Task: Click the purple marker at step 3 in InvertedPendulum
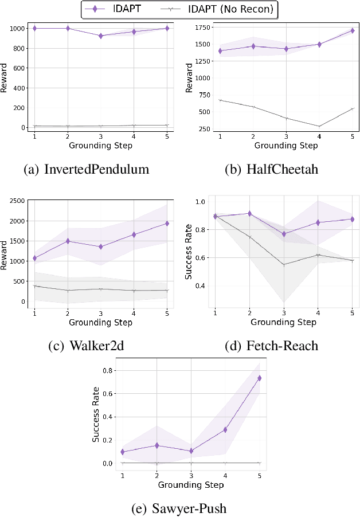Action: (101, 36)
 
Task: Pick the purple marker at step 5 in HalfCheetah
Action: (352, 31)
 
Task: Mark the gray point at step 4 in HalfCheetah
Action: (319, 126)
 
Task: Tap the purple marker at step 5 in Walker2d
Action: (167, 224)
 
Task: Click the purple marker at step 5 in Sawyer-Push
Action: (259, 378)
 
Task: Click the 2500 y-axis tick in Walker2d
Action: (17, 200)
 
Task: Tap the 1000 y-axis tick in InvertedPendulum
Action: (17, 28)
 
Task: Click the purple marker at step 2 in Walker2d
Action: (68, 241)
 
